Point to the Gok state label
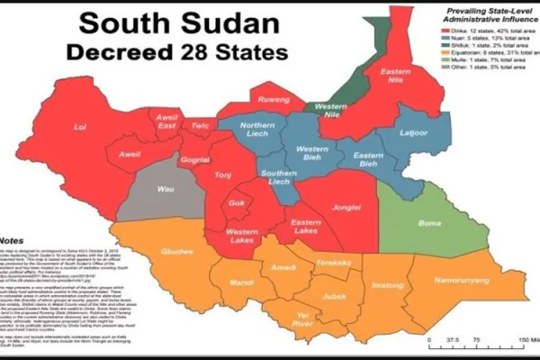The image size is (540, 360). point(238,203)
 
